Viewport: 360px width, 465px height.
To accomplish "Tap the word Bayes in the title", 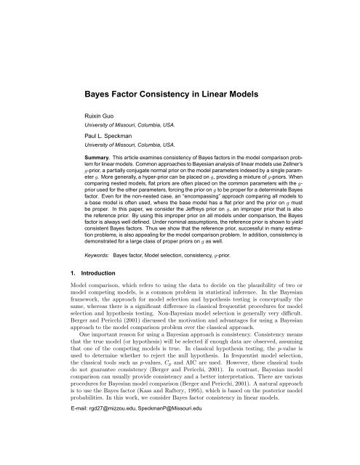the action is click(104, 93).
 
